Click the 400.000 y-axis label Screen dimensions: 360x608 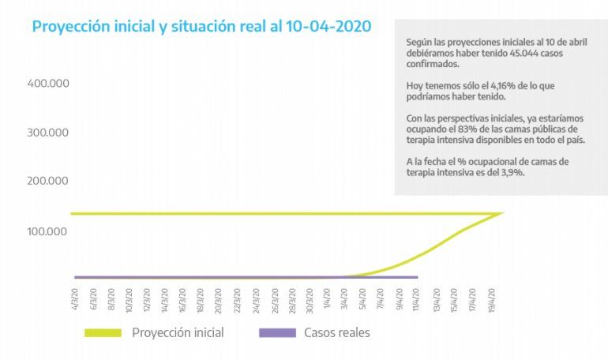click(x=49, y=83)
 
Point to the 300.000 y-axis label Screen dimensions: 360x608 click(x=49, y=132)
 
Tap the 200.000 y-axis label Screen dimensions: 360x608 click(x=49, y=182)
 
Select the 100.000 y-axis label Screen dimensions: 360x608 click(x=49, y=231)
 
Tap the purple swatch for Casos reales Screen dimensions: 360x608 click(x=277, y=332)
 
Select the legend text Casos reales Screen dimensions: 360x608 click(x=337, y=332)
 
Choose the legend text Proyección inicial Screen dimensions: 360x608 click(x=178, y=332)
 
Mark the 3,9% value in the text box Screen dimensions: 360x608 click(x=511, y=171)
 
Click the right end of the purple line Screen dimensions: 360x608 click(x=416, y=277)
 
